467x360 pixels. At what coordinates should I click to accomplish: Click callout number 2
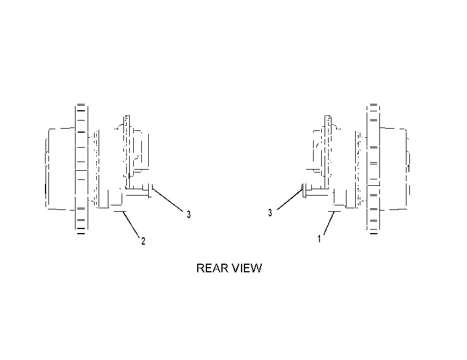coord(143,241)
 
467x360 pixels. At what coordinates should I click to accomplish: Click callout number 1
coord(319,239)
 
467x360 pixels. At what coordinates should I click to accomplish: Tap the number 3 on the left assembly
coord(189,214)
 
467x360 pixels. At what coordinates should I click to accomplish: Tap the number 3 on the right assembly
coord(270,213)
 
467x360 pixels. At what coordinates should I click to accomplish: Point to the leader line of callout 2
coord(131,224)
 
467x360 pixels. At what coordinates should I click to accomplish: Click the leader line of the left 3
coord(168,200)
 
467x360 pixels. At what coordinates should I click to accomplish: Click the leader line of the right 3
coord(290,200)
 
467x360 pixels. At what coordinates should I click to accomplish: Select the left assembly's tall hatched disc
coord(81,169)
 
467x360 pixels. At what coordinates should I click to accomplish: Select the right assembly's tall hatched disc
coord(374,169)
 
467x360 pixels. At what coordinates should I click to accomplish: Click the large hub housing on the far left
coord(59,169)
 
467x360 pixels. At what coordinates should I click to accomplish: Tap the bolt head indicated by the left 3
coord(150,190)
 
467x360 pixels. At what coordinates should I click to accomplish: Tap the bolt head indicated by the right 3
coord(304,190)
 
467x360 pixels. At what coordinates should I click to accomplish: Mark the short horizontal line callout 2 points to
coord(120,211)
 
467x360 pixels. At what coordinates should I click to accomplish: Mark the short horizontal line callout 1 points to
coord(334,212)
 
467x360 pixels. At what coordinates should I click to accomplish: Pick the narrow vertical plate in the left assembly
coord(127,152)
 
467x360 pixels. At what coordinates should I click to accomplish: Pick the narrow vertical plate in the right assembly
coord(328,152)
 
